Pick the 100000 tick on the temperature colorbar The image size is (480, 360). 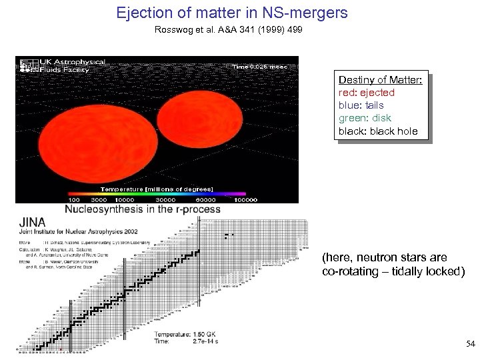245,199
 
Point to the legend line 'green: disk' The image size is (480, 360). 365,118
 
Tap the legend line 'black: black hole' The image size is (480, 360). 378,131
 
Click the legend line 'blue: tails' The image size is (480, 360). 361,105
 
